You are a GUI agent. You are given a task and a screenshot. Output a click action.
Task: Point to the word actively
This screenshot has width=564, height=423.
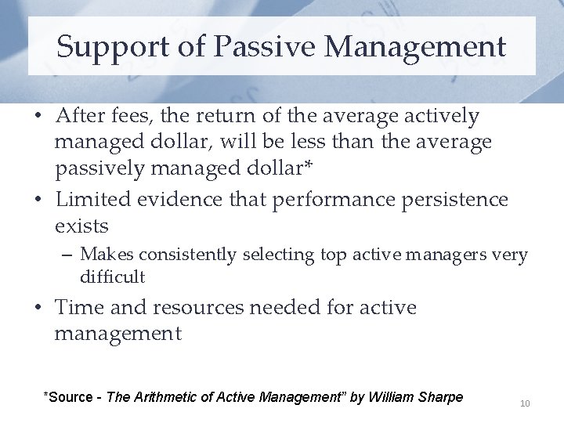tap(436, 116)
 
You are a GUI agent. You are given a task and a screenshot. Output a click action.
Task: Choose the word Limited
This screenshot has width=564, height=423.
tap(93, 200)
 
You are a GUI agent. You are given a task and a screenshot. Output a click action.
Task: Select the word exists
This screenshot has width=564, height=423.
tap(81, 226)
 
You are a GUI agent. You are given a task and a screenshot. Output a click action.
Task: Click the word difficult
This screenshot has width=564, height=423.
tap(112, 277)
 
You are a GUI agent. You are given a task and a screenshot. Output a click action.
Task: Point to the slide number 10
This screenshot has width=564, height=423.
tap(525, 403)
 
